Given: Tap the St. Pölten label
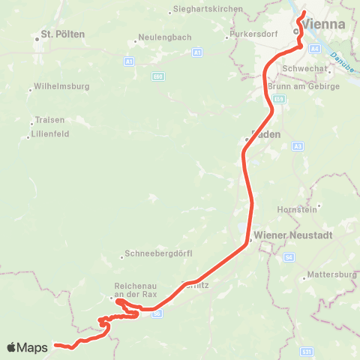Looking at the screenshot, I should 62,34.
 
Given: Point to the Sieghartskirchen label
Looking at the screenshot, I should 208,8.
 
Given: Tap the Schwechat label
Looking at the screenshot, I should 302,68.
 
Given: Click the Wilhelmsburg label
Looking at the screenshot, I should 61,86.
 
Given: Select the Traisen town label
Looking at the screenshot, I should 49,120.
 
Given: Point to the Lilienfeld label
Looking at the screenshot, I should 50,135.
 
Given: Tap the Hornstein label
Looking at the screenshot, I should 298,208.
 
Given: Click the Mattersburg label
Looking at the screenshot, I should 331,275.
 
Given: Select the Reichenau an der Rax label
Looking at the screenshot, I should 135,289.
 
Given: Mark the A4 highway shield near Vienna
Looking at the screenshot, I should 315,48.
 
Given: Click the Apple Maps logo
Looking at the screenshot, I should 28,347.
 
